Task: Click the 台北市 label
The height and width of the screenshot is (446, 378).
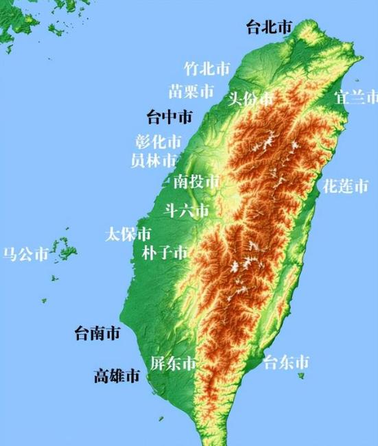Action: pos(269,27)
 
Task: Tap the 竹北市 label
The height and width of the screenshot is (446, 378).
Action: pos(207,69)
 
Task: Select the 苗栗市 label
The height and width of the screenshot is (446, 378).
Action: pos(191,91)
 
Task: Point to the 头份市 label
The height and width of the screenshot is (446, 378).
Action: pos(250,98)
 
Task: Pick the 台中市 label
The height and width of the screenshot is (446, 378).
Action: pos(170,117)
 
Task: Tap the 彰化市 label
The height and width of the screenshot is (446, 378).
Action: pos(158,142)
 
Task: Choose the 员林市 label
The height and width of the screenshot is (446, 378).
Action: pos(154,161)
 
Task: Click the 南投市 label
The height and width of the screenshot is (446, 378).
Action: pos(196,181)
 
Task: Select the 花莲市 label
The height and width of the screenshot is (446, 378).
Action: pos(345,185)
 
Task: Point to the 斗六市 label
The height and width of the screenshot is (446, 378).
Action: pos(186,211)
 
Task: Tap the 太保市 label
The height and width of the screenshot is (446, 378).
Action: pos(128,234)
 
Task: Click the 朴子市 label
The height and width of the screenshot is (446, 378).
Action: pos(165,253)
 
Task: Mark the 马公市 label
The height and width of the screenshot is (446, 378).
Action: pos(25,255)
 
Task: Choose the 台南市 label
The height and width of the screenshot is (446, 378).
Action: pos(97,334)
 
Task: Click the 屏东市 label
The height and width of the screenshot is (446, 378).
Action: pos(174,364)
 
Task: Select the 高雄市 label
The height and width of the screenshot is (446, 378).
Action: pos(117,376)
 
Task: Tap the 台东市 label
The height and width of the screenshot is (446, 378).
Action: pos(287,362)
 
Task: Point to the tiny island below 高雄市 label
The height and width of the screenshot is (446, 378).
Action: pos(162,419)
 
